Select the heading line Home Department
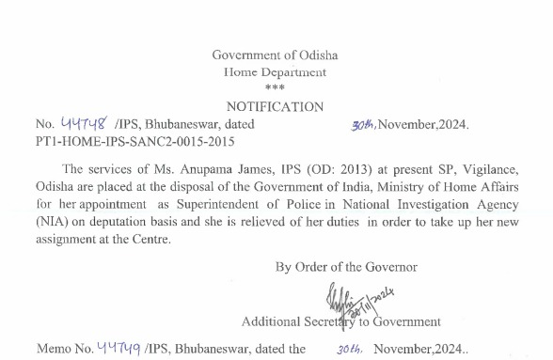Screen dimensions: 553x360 click(x=276, y=72)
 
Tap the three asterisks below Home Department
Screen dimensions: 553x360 click(x=275, y=88)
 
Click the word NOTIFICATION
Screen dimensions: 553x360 click(x=275, y=107)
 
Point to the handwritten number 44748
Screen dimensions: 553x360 click(x=85, y=123)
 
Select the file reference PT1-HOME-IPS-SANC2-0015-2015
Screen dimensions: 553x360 click(x=134, y=142)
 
